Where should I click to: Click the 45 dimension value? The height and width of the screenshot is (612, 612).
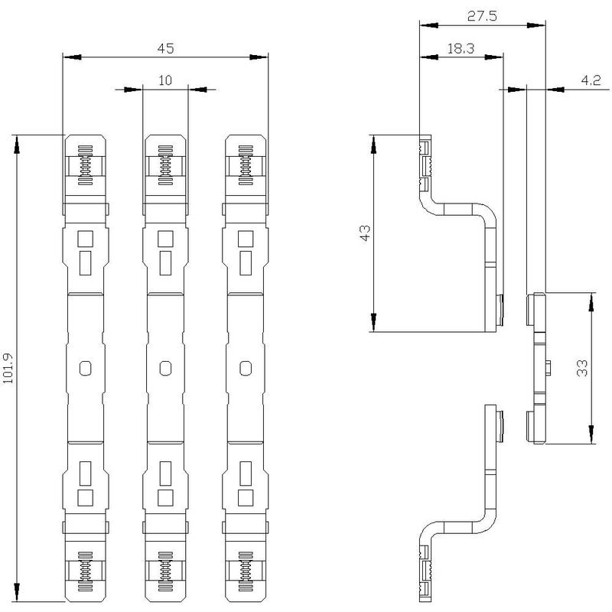165,48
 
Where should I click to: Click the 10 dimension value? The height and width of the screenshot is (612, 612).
165,80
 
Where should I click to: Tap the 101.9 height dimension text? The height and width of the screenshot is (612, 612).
8,369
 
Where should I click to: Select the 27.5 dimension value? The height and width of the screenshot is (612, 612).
482,16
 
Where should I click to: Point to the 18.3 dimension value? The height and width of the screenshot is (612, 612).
461,48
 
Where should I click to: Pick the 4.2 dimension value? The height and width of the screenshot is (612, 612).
591,80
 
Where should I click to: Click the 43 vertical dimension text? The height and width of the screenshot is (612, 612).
365,233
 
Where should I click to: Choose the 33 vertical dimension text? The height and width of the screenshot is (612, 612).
582,368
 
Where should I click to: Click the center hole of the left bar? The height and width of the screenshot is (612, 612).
86,368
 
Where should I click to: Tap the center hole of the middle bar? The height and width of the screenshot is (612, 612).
165,368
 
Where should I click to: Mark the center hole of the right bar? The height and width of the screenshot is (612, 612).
246,368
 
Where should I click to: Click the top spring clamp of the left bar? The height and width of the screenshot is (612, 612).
86,165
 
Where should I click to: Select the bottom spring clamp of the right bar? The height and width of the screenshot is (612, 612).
246,571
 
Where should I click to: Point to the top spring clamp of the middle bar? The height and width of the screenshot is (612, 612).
165,165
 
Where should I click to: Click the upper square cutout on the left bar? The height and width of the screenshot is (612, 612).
86,239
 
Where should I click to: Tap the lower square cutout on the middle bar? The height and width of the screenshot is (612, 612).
165,497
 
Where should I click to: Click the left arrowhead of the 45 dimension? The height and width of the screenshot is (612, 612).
72,57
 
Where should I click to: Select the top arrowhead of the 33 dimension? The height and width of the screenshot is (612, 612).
591,301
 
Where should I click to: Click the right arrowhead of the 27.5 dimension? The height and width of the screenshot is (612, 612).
536,25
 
